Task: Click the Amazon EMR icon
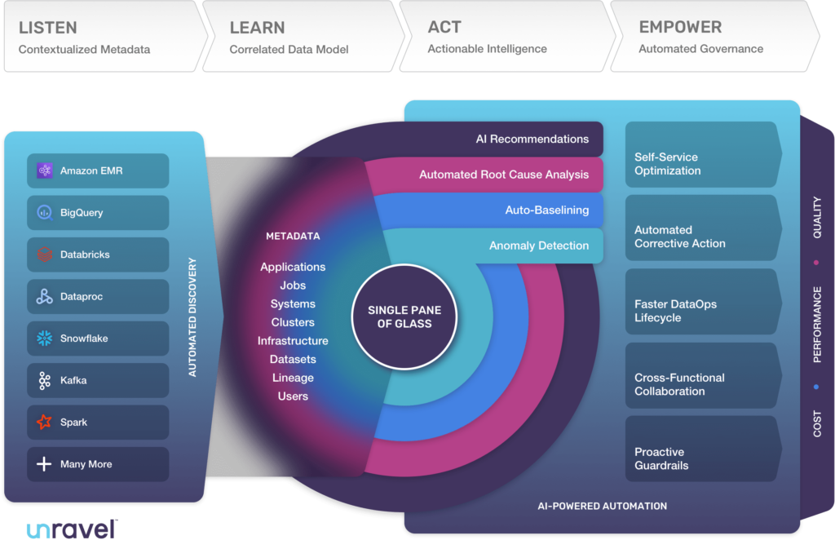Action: coord(45,170)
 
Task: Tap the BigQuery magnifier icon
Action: coord(45,212)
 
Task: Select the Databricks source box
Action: coord(98,255)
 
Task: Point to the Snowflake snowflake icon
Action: coord(45,339)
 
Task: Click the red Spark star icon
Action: coord(45,422)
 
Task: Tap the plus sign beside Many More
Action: coord(44,464)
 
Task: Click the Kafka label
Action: coord(73,380)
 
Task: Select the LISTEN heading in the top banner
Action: coord(48,28)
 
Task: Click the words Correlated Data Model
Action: coord(289,50)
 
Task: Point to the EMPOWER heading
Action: coord(681,27)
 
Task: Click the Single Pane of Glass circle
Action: coord(404,316)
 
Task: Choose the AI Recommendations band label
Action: coord(532,139)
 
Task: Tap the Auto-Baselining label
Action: coord(547,210)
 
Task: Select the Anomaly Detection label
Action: coord(539,246)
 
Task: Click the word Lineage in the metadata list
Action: coord(293,378)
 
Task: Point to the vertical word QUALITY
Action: coord(817,217)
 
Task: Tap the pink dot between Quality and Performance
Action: coord(816,263)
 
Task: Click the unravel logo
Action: coord(72,529)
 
